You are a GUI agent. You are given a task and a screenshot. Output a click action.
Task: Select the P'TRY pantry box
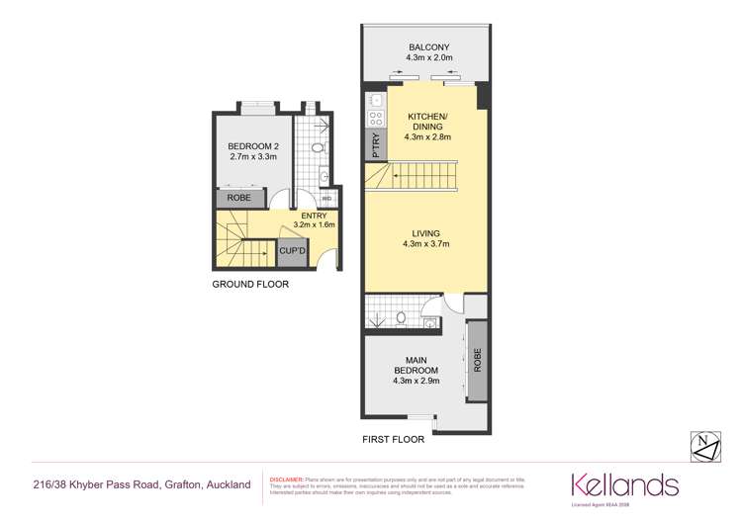pos(375,147)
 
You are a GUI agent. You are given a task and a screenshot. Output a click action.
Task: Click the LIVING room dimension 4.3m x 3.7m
pos(426,244)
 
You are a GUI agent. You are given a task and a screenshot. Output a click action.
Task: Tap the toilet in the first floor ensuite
pos(401,317)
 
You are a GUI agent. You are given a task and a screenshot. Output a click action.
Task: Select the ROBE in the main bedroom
pos(477,360)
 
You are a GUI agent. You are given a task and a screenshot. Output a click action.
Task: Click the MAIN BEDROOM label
pos(415,366)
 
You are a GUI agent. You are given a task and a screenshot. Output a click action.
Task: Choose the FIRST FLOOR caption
pos(394,439)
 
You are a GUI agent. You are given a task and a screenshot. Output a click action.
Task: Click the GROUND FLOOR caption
pos(250,285)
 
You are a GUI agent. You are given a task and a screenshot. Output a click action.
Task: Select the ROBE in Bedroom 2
pos(239,199)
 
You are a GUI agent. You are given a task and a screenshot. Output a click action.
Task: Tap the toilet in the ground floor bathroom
pos(317,147)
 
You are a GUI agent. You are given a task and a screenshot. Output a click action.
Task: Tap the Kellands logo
pos(624,484)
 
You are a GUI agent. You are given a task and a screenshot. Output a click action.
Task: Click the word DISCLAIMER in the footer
pos(288,479)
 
